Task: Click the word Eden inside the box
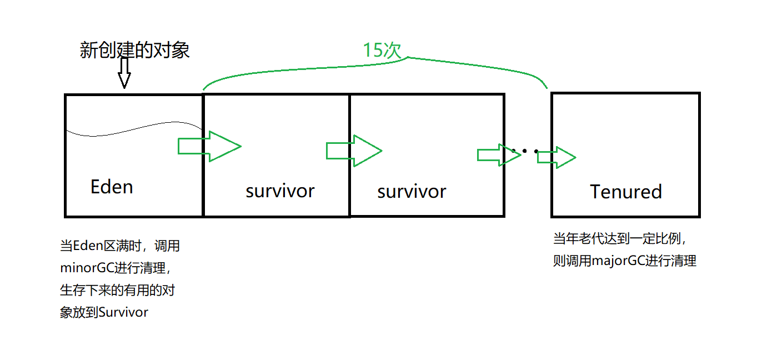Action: (x=112, y=187)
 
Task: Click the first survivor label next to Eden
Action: (x=280, y=191)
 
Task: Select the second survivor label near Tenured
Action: (x=412, y=191)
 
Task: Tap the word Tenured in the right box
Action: (x=626, y=192)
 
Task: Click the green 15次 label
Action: (x=382, y=51)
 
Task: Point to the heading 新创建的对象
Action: (x=135, y=51)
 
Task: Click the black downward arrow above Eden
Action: (x=124, y=73)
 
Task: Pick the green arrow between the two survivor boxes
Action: (x=354, y=151)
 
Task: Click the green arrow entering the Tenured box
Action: (x=556, y=157)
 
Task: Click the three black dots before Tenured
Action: (x=525, y=151)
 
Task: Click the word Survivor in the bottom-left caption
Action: (x=123, y=312)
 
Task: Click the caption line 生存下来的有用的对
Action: (x=117, y=290)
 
